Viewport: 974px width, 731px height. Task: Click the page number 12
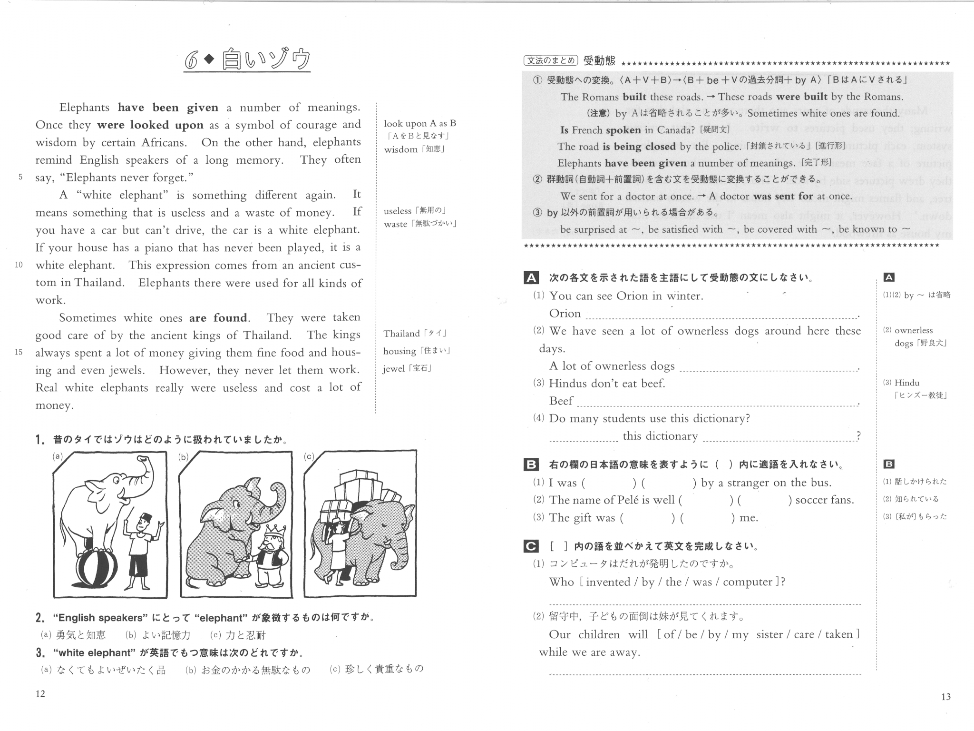click(x=40, y=694)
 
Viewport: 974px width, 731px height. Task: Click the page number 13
click(x=946, y=697)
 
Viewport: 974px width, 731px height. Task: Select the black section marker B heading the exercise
click(x=531, y=464)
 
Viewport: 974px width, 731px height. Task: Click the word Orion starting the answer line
click(x=565, y=314)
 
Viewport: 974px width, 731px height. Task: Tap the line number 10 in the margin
click(x=19, y=265)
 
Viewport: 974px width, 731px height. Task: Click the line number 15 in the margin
click(x=19, y=353)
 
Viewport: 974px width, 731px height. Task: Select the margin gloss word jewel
click(x=393, y=369)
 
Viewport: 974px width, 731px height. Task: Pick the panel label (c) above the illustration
click(x=309, y=457)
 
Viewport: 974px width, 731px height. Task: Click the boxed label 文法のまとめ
click(x=550, y=60)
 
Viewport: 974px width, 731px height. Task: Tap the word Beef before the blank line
click(x=561, y=401)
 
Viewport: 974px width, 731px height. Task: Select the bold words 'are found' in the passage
click(x=218, y=318)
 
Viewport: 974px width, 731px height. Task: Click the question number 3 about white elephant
click(x=40, y=653)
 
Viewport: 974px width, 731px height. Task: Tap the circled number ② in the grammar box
click(x=537, y=180)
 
